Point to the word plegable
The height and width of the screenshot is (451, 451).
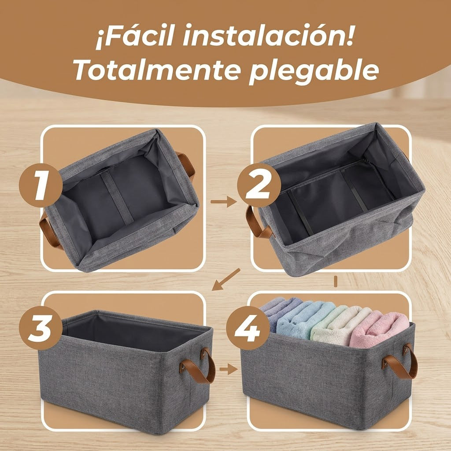(314, 72)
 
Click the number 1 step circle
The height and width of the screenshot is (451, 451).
(41, 185)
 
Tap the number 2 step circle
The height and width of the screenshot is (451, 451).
(259, 185)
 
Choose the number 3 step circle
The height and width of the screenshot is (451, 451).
(41, 328)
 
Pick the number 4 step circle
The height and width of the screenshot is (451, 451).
(248, 328)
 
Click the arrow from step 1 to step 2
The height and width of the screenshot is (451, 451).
(223, 202)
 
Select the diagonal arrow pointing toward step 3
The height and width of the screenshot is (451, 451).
(226, 279)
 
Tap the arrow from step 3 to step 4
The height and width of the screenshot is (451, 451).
(229, 369)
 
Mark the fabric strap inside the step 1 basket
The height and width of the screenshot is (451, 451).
(117, 197)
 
